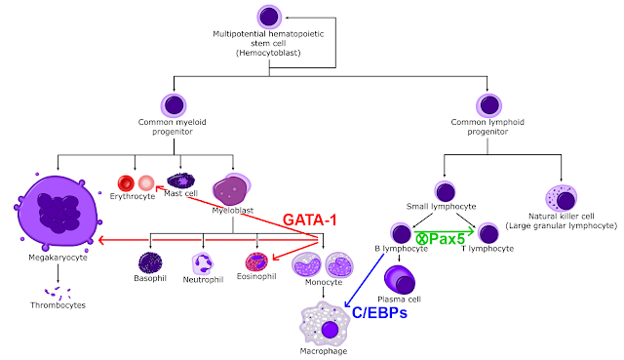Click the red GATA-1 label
click(310, 220)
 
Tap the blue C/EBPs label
click(379, 312)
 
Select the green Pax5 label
click(447, 239)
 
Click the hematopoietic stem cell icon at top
click(269, 17)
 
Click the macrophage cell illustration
click(325, 324)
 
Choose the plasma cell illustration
click(400, 280)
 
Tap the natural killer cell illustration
click(562, 198)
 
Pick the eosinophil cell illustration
click(256, 262)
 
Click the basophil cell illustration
click(150, 262)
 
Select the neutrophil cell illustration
click(203, 263)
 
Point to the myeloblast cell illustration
click(232, 188)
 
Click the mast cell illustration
click(180, 180)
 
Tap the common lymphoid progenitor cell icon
click(488, 105)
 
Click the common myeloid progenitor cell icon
click(174, 105)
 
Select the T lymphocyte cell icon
click(488, 233)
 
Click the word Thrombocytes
click(58, 305)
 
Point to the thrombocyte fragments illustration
click(58, 293)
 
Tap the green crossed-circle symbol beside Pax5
click(422, 239)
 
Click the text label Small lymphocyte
click(441, 206)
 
